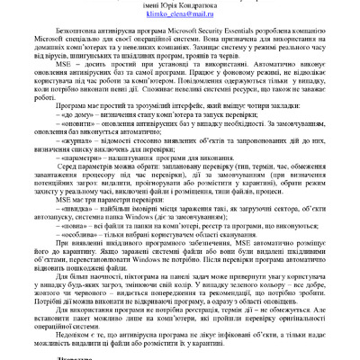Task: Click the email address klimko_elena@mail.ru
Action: click(180, 15)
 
